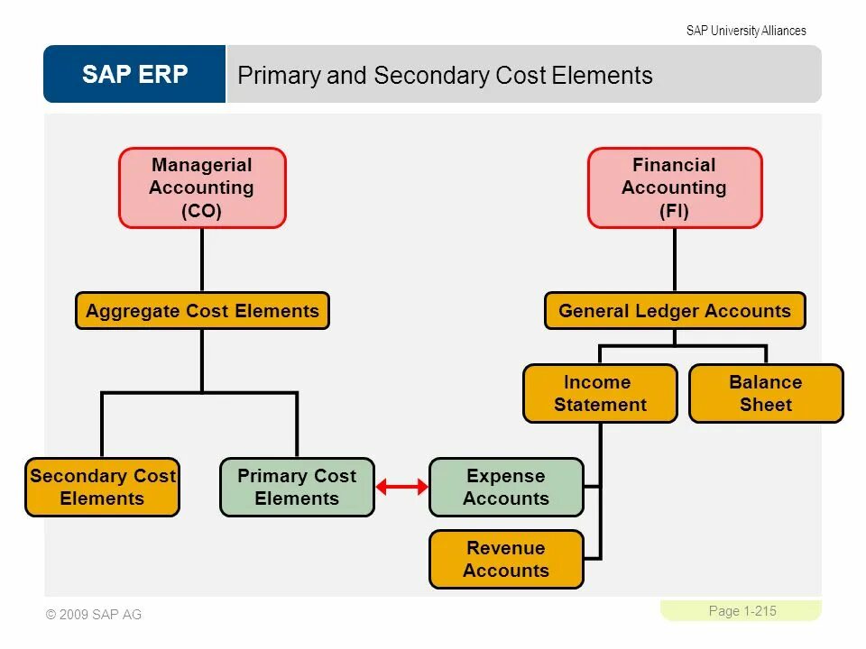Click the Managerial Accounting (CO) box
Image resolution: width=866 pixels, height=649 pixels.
click(202, 187)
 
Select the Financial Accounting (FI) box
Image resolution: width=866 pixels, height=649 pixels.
click(674, 187)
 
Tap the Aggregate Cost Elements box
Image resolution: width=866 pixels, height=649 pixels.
click(202, 311)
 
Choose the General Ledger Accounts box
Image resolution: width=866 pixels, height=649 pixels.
click(675, 311)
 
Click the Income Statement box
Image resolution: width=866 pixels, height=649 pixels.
click(600, 393)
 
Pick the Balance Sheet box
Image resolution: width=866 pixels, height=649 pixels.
click(766, 393)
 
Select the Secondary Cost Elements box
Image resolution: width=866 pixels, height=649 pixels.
click(102, 487)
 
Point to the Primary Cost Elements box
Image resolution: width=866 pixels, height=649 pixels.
click(297, 487)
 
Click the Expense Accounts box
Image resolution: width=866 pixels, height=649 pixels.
click(506, 487)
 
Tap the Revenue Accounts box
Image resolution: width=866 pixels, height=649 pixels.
click(506, 559)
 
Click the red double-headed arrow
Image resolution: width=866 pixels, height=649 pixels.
click(401, 488)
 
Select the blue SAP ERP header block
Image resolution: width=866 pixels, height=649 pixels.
click(134, 74)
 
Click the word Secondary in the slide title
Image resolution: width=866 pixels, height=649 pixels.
click(419, 76)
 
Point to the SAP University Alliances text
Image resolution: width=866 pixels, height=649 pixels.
click(746, 31)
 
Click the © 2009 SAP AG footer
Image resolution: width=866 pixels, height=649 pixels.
click(94, 615)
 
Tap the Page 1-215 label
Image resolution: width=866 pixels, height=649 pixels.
click(742, 611)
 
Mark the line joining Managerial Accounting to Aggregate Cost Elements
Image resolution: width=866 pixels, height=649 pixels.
click(202, 260)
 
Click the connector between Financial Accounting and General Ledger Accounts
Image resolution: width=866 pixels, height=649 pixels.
click(674, 260)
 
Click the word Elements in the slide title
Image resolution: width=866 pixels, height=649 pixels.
click(603, 76)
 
